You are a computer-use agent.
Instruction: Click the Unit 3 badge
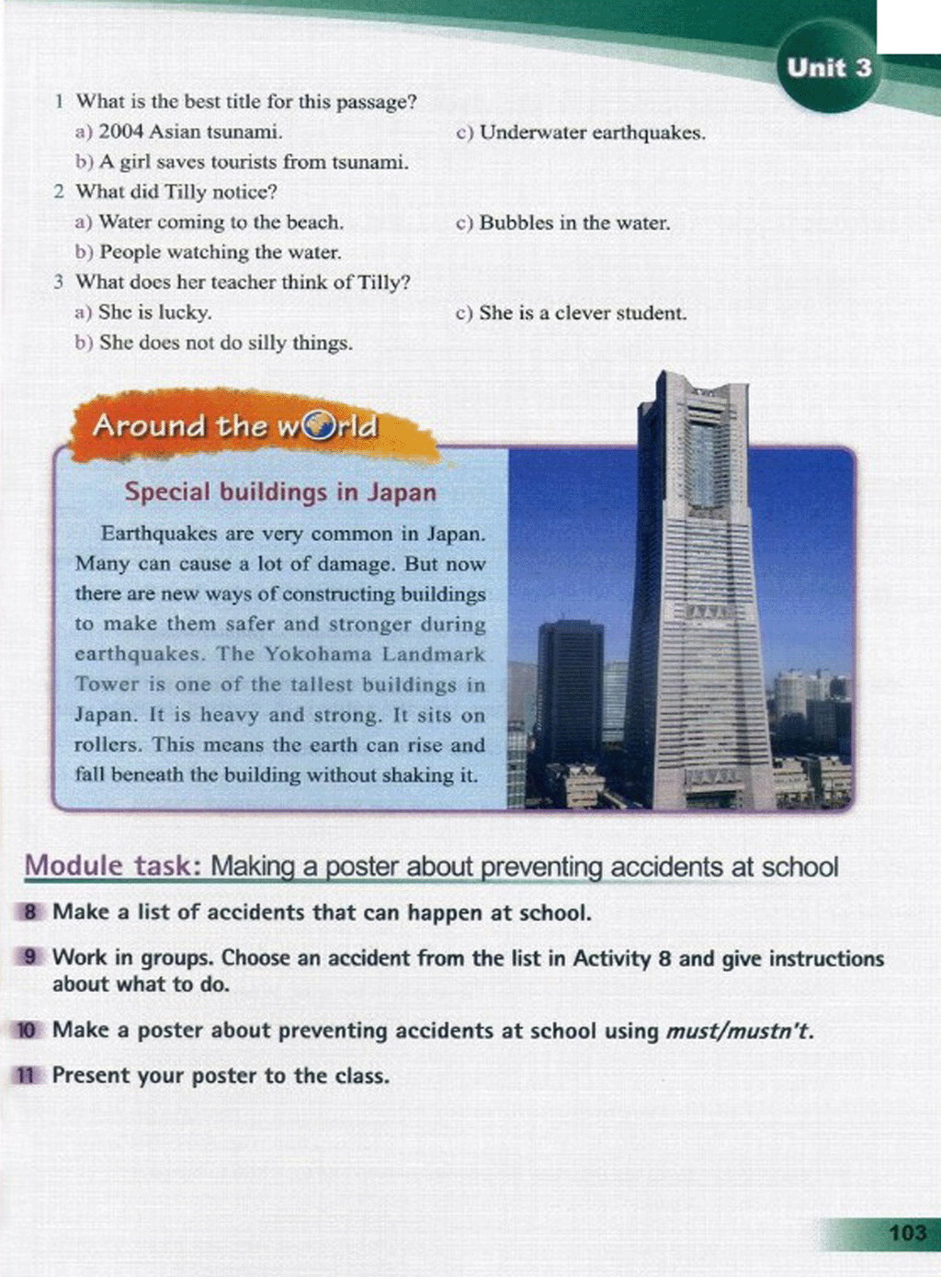coord(829,68)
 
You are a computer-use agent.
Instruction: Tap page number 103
coord(907,1232)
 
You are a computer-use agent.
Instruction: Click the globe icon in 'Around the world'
coord(319,425)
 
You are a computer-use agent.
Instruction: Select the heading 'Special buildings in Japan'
coord(280,492)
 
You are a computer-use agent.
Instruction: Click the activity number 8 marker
coord(30,912)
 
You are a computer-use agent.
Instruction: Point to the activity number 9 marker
coord(30,957)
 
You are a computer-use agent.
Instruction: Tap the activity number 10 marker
coord(28,1030)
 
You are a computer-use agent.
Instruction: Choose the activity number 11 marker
coord(28,1075)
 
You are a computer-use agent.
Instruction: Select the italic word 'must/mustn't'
coord(739,1031)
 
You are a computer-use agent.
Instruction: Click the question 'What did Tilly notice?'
coord(176,192)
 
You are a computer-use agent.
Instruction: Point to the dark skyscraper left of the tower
coord(570,689)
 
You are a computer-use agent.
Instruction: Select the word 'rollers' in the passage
coord(108,745)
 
